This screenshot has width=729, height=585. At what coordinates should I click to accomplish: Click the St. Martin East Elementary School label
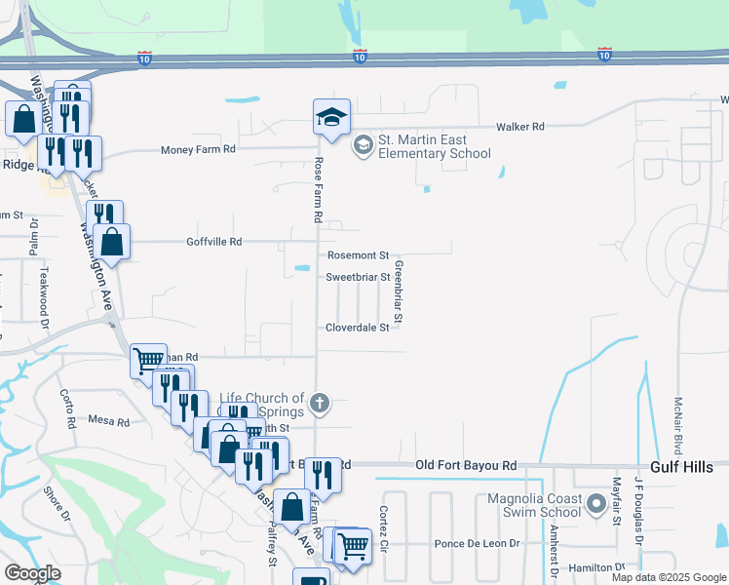point(434,147)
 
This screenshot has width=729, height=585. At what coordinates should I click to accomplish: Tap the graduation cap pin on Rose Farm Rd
point(331,118)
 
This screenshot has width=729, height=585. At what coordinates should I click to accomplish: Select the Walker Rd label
point(519,127)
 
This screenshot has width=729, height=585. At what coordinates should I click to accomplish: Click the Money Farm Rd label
point(199,149)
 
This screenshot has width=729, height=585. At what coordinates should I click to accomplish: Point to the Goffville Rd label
point(214,241)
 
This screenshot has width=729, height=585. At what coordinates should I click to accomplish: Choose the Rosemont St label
point(358,255)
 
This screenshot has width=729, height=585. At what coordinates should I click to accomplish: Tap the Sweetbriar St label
point(358,277)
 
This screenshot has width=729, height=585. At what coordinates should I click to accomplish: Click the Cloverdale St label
point(357,328)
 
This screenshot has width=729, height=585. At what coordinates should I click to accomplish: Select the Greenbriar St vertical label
point(399,292)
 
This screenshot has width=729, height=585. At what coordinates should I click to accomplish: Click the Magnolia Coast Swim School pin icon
point(596,506)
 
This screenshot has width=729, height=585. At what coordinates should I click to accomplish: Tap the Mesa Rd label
point(109,422)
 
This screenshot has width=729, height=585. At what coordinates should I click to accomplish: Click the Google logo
point(32,573)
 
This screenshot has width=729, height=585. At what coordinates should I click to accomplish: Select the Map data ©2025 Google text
point(668,577)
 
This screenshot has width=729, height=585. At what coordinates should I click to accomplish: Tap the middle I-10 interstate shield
point(360,57)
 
